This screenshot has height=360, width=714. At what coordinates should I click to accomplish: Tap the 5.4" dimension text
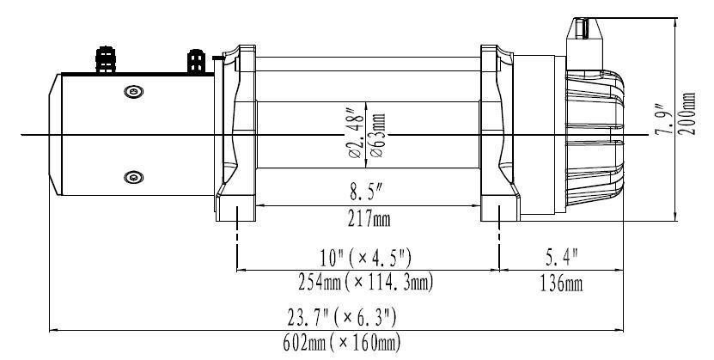562,257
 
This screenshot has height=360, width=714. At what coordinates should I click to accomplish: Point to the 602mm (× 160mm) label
342,344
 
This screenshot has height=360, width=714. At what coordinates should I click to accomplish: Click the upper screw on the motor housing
131,91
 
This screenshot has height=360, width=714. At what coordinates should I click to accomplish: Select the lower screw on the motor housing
131,178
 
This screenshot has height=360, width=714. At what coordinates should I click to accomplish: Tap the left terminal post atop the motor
107,59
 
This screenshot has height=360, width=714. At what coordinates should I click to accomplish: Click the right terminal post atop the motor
195,62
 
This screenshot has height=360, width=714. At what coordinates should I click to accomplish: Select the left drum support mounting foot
235,210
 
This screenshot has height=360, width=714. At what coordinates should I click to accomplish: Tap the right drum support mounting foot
499,210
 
